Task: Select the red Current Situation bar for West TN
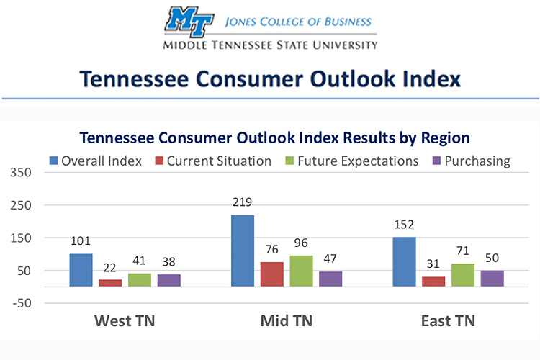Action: pos(110,282)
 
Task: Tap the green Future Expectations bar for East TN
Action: pos(463,275)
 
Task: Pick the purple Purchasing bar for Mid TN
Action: pos(330,279)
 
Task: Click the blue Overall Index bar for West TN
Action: pos(81,270)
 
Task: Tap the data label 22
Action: pos(110,267)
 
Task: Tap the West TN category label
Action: pos(125,320)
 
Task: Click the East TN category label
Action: pos(448,320)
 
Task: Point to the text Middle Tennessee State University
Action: pos(270,44)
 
